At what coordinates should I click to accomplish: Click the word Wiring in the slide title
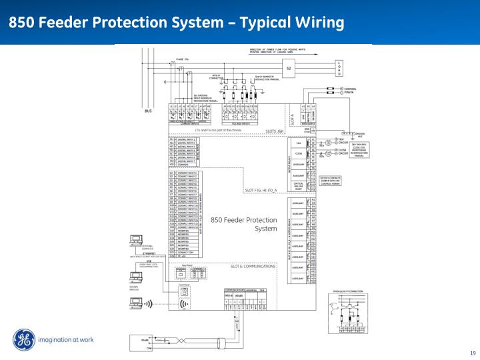(x=316, y=23)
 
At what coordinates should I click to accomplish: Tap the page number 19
(x=473, y=353)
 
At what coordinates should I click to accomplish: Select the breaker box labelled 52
(x=289, y=68)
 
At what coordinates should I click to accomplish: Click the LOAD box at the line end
(x=339, y=68)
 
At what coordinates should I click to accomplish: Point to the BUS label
(x=149, y=111)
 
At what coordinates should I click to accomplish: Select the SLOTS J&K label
(x=275, y=131)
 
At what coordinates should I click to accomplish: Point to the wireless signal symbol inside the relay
(x=184, y=304)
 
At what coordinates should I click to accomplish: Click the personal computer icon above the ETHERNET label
(x=137, y=242)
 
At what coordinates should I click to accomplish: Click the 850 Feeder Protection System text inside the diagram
(x=243, y=223)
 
